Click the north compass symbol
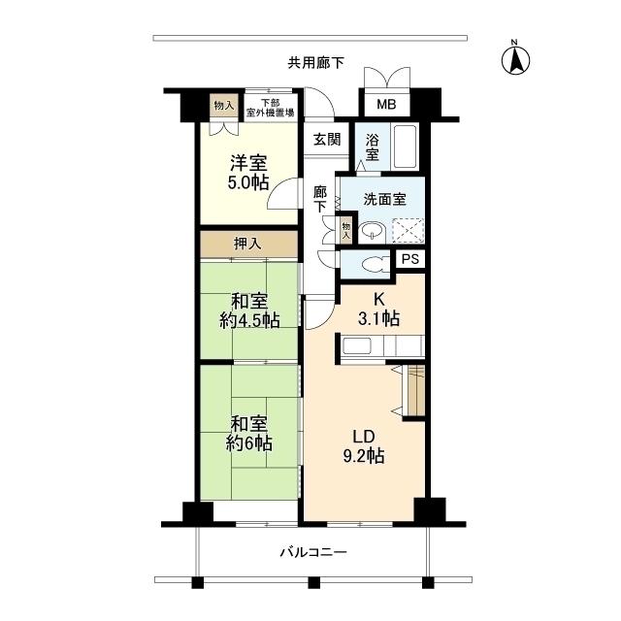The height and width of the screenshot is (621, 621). click(x=514, y=59)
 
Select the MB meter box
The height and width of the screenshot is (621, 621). click(x=386, y=103)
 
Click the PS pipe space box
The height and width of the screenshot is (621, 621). click(x=409, y=259)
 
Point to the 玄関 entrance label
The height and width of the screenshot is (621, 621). click(x=326, y=140)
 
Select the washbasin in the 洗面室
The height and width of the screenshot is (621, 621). click(x=371, y=231)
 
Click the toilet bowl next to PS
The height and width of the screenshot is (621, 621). click(x=369, y=262)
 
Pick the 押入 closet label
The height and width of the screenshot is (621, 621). click(x=248, y=244)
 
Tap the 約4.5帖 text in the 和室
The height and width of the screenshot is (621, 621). click(x=249, y=320)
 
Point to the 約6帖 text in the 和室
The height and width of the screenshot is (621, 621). click(x=249, y=443)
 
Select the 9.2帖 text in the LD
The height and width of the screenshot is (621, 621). click(x=363, y=454)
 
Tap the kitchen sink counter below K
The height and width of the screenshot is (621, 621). click(x=378, y=346)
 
